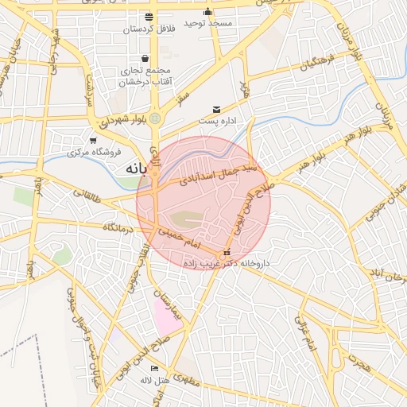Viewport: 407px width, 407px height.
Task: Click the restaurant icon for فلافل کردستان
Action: point(149,17)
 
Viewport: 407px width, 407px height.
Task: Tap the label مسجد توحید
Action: point(208,24)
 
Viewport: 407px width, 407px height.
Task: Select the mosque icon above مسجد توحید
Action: point(208,12)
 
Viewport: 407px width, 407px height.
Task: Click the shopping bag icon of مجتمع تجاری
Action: point(145,58)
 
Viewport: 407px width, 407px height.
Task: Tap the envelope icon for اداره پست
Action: point(216,110)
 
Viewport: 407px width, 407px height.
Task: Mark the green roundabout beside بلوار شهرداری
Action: point(155,119)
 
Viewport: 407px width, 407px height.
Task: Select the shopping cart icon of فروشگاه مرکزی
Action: point(93,141)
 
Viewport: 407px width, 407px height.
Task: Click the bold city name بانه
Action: point(135,169)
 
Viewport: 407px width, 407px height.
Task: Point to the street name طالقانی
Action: point(87,192)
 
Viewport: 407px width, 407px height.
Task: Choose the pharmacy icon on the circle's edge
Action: point(227,252)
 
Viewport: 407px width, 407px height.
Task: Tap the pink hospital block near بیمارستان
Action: point(167,318)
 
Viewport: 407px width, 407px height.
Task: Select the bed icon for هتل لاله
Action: point(154,369)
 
